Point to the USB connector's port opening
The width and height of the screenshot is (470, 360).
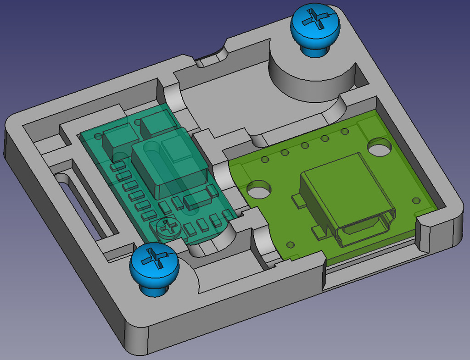[x=364, y=228]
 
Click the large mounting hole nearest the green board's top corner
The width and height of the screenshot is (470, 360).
[x=379, y=147]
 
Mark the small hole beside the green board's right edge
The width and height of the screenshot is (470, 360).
[x=416, y=200]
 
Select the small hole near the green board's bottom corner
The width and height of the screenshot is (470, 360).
[x=290, y=244]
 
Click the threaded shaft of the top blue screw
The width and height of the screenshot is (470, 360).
[x=315, y=50]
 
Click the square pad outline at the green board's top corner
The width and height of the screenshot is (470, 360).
[x=370, y=126]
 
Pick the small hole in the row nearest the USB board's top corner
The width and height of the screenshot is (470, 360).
[x=344, y=132]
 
